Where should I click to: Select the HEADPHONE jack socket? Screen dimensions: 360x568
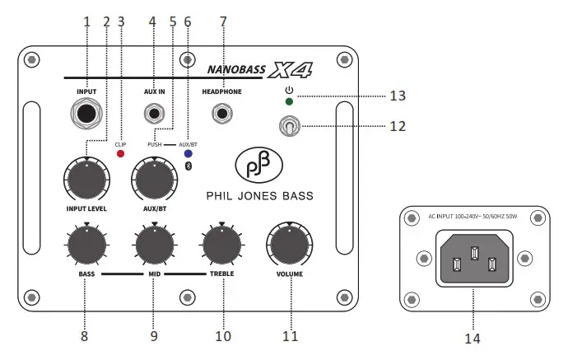222,113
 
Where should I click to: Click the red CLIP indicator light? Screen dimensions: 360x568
120,154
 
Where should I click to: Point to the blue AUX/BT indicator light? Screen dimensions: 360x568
189,154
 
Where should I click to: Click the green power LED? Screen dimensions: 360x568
289,101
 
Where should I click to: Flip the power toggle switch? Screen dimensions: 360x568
290,126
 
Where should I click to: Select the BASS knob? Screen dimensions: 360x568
86,244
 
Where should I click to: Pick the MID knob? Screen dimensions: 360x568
154,244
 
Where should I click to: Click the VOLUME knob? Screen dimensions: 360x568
289,245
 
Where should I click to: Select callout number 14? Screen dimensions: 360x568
473,338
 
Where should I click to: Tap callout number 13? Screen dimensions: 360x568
398,96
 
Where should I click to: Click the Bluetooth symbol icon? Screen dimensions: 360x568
189,166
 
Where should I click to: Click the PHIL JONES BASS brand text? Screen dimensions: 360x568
259,196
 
